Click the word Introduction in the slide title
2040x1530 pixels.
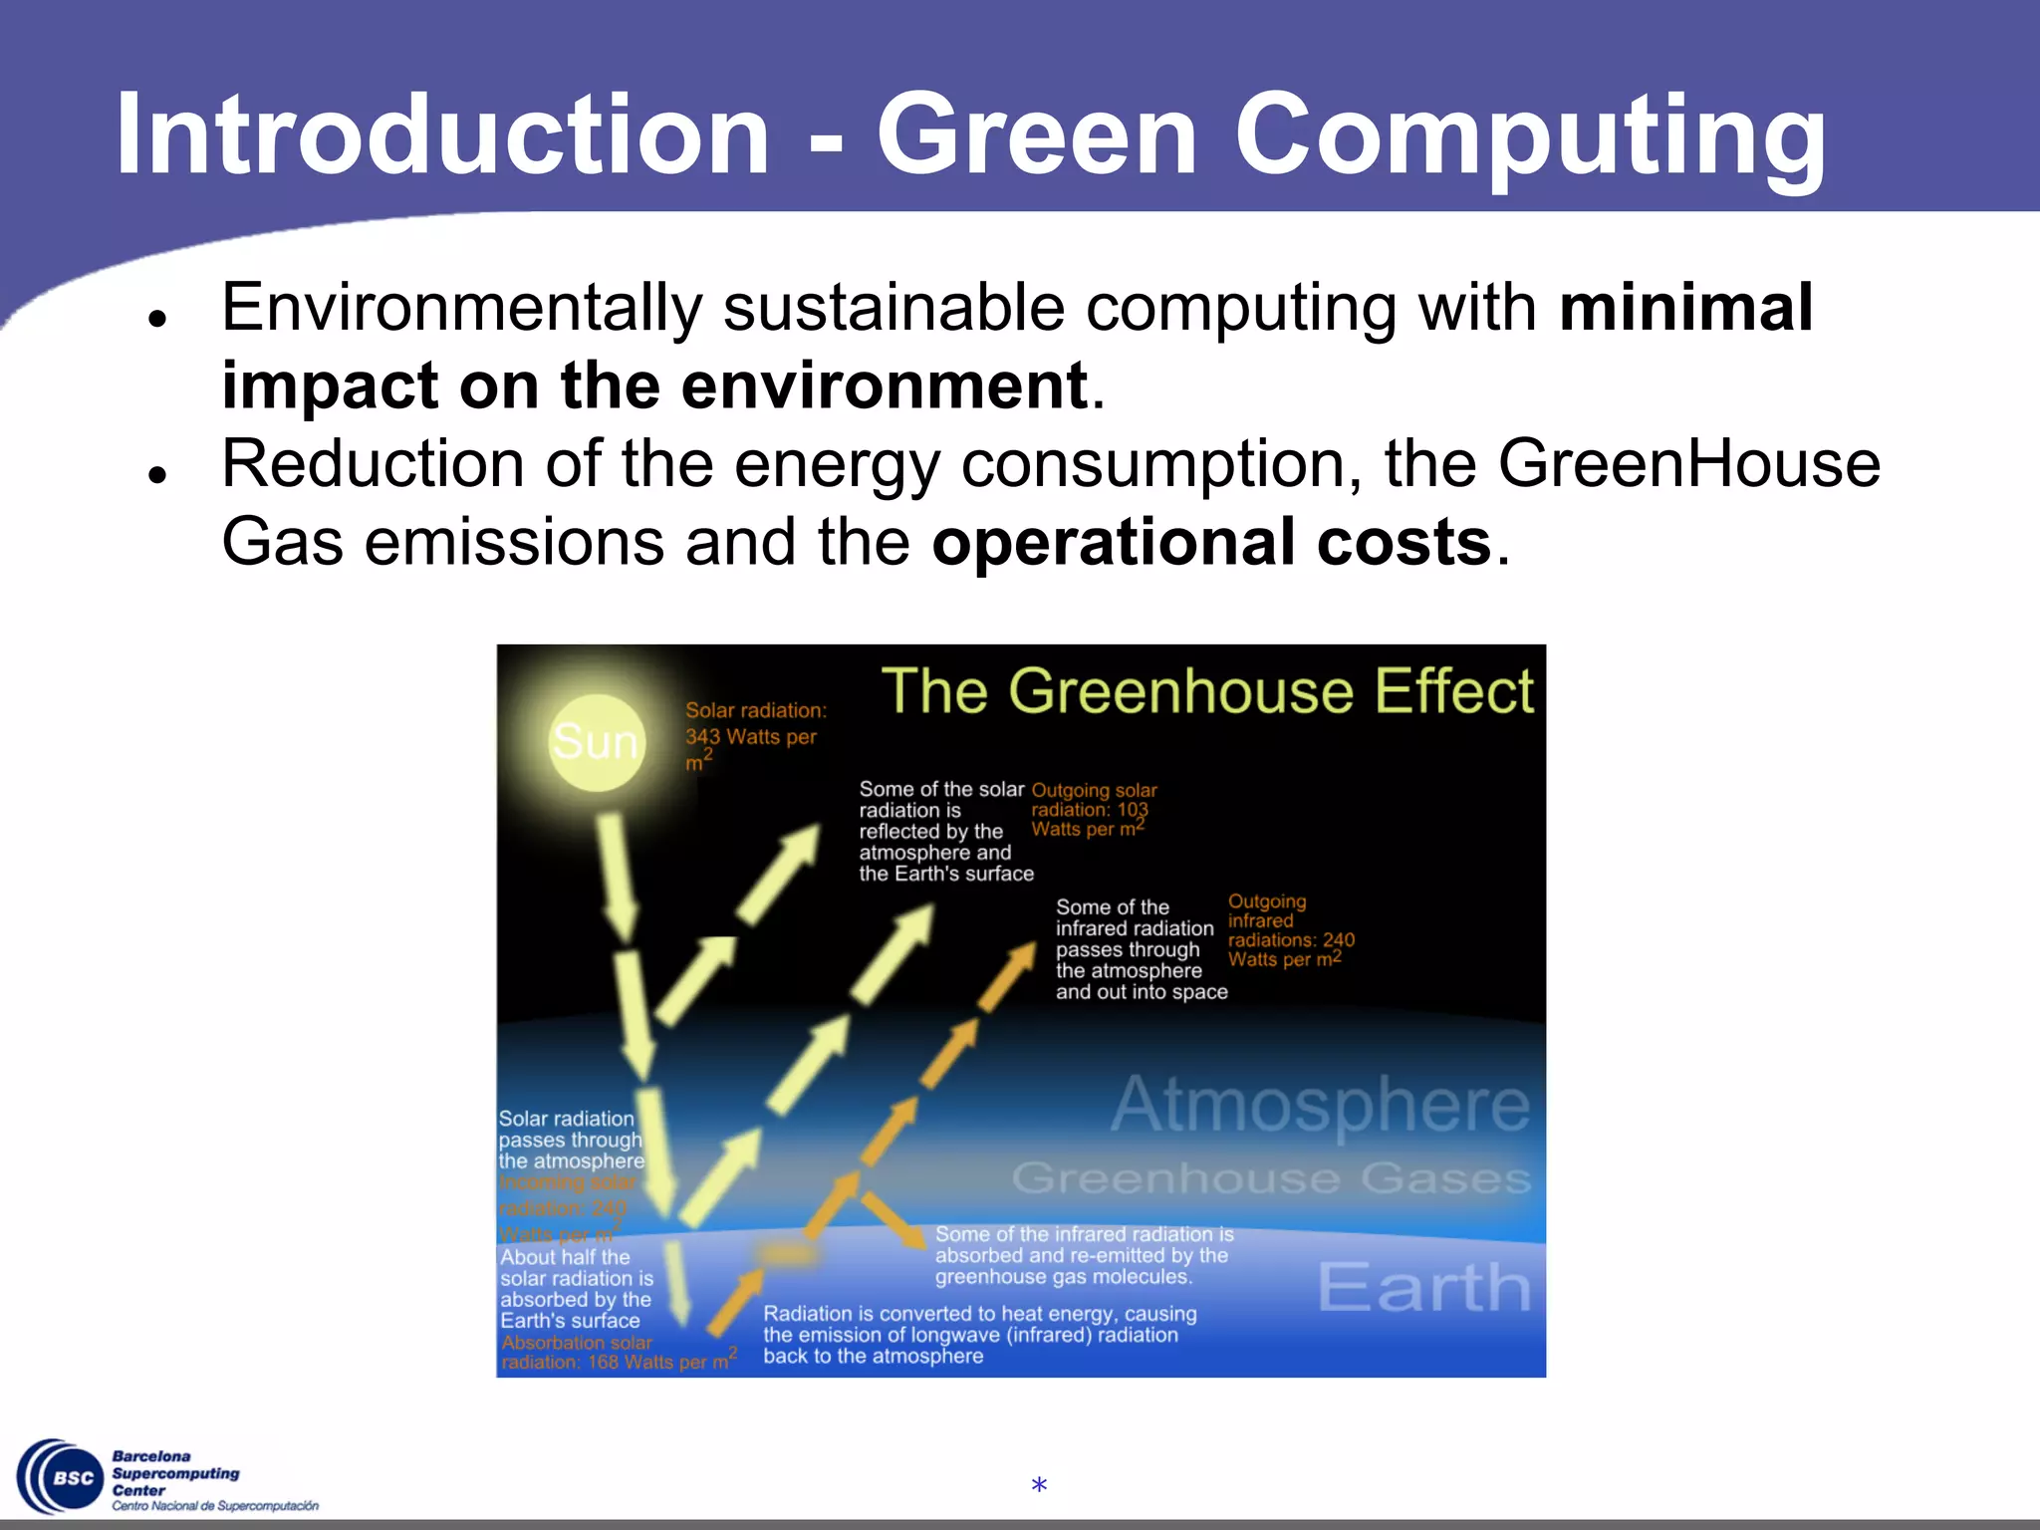[x=442, y=134]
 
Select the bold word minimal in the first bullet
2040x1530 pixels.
[x=1685, y=307]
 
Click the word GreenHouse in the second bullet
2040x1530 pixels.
[x=1688, y=464]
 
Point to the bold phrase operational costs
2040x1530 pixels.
[x=1210, y=543]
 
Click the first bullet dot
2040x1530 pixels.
[x=156, y=319]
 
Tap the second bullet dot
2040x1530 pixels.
[x=156, y=475]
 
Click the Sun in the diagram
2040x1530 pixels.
[x=596, y=742]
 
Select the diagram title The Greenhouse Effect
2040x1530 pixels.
[x=1206, y=690]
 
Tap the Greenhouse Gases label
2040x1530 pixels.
[x=1270, y=1178]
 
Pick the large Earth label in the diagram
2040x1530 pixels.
[x=1423, y=1287]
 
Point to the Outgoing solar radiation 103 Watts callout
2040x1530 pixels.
[x=1093, y=810]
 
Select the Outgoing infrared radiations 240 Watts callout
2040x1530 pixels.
[x=1289, y=930]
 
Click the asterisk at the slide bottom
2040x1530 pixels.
[x=1039, y=1486]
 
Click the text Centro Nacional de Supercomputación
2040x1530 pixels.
[x=215, y=1506]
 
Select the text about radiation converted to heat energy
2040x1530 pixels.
[x=979, y=1335]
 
